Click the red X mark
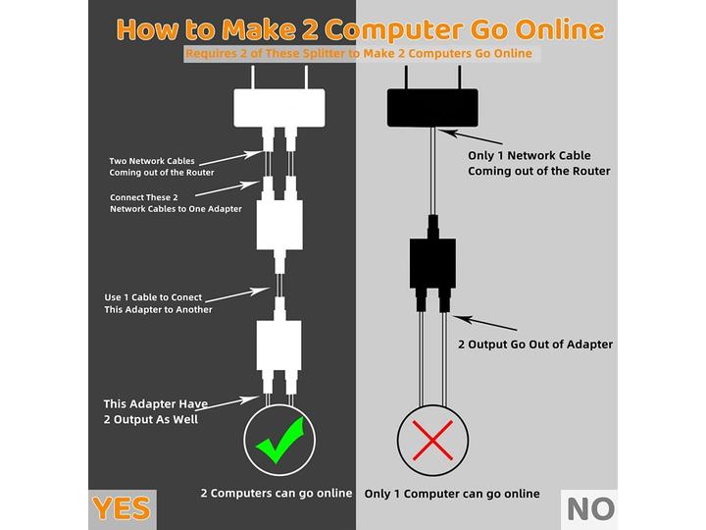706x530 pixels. pyautogui.click(x=432, y=441)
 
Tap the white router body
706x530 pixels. pyautogui.click(x=279, y=108)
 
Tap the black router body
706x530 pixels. pyautogui.click(x=432, y=108)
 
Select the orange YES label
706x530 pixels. pyautogui.click(x=122, y=508)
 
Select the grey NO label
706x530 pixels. pyautogui.click(x=590, y=509)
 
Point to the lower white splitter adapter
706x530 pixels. pyautogui.click(x=279, y=344)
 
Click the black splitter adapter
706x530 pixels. pyautogui.click(x=432, y=264)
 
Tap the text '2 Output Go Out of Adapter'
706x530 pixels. pyautogui.click(x=535, y=344)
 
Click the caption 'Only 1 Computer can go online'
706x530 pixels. pyautogui.click(x=452, y=494)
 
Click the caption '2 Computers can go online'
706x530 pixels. pyautogui.click(x=277, y=493)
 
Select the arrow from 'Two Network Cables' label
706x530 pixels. pyautogui.click(x=230, y=158)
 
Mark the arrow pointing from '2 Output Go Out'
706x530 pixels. pyautogui.click(x=485, y=323)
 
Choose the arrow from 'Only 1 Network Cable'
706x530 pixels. pyautogui.click(x=470, y=136)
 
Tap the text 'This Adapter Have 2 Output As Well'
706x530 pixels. pyautogui.click(x=155, y=411)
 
